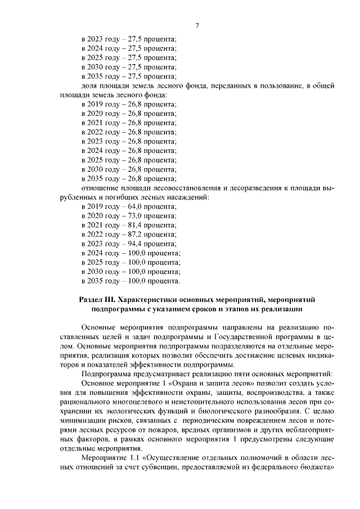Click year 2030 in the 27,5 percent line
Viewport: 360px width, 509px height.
(x=97, y=66)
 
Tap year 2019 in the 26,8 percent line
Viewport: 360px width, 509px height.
(x=97, y=104)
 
